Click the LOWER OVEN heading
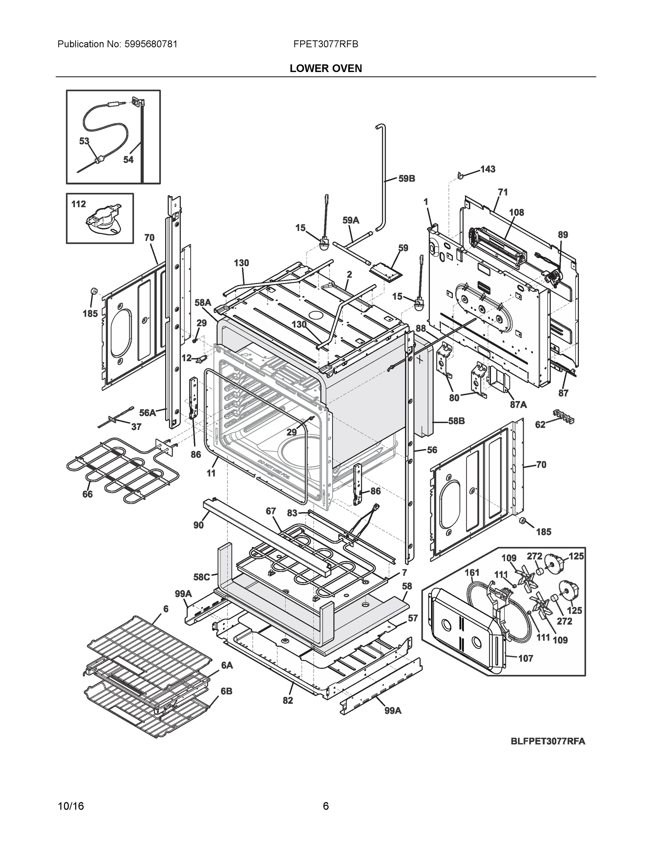[325, 68]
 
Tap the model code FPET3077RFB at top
[325, 44]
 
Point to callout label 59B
[406, 178]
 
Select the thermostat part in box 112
[102, 223]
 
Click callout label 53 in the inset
[84, 141]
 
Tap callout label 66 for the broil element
[87, 494]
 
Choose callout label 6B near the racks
[226, 691]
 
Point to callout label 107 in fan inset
[525, 658]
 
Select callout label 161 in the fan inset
[472, 573]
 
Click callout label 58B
[456, 421]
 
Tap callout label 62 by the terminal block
[540, 425]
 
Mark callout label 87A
[518, 405]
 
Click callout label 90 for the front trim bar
[198, 525]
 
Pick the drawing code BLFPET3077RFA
[548, 741]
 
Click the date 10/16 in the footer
[71, 806]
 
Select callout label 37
[136, 426]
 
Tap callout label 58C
[201, 577]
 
